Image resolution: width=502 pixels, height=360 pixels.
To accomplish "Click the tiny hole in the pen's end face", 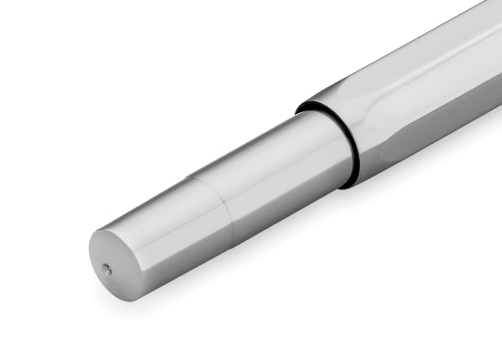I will [x=107, y=269].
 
